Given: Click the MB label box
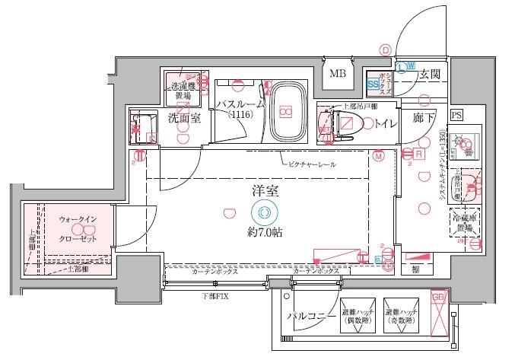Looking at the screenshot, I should pos(336,74).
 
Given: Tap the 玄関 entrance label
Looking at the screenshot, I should pos(428,75).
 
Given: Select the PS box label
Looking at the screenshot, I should pos(456,115).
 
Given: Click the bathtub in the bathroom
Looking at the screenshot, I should pos(286,111).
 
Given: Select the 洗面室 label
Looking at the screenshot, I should pos(183,118).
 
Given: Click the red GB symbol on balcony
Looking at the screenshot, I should pos(438,297).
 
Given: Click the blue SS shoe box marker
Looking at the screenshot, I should pos(373,83).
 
